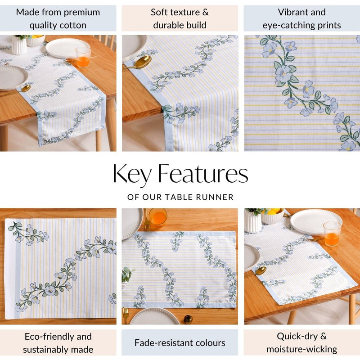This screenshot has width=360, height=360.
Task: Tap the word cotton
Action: [x=71, y=25]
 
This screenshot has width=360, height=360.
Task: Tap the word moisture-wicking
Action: [x=301, y=349]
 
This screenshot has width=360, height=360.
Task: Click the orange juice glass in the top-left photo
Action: [x=83, y=57]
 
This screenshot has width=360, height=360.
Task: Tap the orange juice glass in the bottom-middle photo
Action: [x=158, y=216]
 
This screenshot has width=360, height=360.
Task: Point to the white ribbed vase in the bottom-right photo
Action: [x=253, y=222]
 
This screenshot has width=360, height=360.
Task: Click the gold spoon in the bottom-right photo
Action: [x=260, y=270]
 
